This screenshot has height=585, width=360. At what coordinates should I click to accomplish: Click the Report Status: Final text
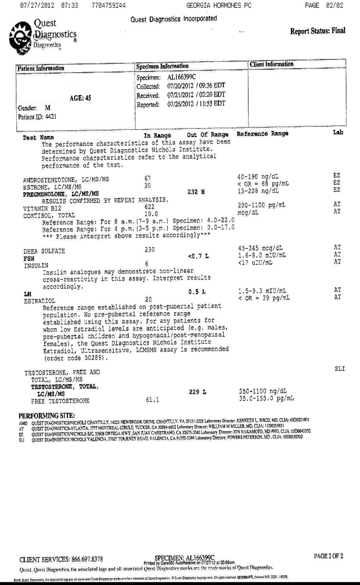(317, 31)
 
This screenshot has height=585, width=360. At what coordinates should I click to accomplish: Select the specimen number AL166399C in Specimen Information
(182, 77)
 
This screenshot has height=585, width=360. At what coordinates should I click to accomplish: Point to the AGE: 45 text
(80, 98)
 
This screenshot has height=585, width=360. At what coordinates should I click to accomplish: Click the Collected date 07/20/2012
(180, 86)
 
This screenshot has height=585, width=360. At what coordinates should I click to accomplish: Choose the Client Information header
(272, 64)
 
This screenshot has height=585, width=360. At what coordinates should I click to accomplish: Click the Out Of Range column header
(208, 135)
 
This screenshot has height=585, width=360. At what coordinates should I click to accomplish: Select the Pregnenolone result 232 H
(196, 192)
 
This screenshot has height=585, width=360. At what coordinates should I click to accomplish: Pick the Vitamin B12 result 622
(149, 207)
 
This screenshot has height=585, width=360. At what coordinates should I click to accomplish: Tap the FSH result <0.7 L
(198, 256)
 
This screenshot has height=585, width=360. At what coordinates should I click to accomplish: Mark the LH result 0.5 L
(197, 292)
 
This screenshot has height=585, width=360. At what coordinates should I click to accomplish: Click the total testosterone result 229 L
(197, 392)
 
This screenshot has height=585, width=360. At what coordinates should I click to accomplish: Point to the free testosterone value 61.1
(152, 400)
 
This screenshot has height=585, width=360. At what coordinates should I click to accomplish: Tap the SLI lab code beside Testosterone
(339, 369)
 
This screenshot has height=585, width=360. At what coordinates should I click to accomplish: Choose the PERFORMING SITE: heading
(47, 416)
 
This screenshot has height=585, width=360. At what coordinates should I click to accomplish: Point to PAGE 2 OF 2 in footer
(328, 556)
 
